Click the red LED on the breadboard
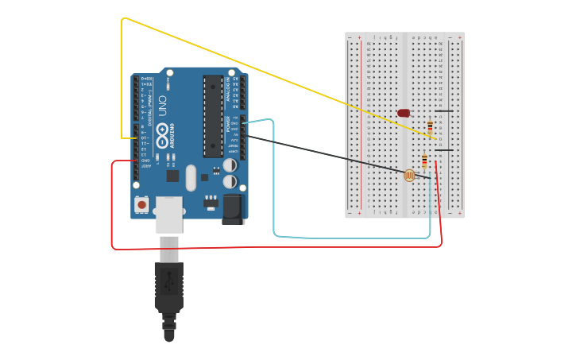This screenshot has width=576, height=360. pyautogui.click(x=404, y=113)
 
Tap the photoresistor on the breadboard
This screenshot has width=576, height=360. pyautogui.click(x=409, y=175)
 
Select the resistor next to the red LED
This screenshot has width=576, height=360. pyautogui.click(x=431, y=126)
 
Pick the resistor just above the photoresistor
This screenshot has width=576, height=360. pyautogui.click(x=424, y=161)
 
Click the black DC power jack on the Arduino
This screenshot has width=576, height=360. pyautogui.click(x=233, y=208)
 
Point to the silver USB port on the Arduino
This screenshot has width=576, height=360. pyautogui.click(x=168, y=214)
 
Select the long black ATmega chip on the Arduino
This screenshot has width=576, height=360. pyautogui.click(x=212, y=116)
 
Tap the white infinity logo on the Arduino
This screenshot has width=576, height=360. pyautogui.click(x=164, y=136)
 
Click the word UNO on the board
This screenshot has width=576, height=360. pyautogui.click(x=163, y=107)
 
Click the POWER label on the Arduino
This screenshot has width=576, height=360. pyautogui.click(x=228, y=124)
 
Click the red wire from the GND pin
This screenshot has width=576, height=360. pyautogui.click(x=238, y=247)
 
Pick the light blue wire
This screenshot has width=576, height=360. pyautogui.click(x=350, y=238)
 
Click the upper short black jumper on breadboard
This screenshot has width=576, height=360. pyautogui.click(x=444, y=111)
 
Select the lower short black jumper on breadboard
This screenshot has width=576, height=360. pyautogui.click(x=444, y=149)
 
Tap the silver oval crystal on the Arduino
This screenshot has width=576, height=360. pyautogui.click(x=191, y=177)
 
